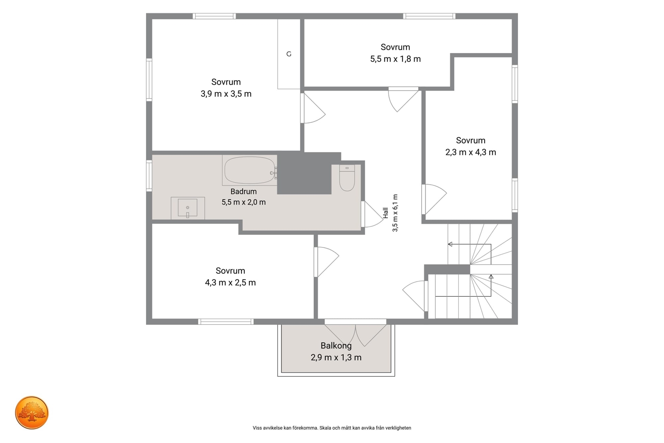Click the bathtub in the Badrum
point(250,170)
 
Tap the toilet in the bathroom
point(347,178)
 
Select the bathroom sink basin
point(188,208)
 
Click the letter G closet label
point(289,54)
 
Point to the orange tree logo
point(32,413)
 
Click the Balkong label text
point(336,345)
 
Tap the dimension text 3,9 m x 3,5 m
point(226,94)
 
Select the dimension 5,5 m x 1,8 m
point(395,59)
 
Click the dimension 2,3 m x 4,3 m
point(471,152)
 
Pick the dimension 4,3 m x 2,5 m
point(230,283)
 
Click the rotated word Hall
point(386,213)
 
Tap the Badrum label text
point(243,191)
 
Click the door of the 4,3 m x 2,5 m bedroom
point(326,262)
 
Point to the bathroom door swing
point(372,214)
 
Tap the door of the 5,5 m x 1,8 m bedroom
point(404,99)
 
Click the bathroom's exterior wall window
point(149,175)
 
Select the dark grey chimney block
point(305,173)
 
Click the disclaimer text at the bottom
point(332,428)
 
